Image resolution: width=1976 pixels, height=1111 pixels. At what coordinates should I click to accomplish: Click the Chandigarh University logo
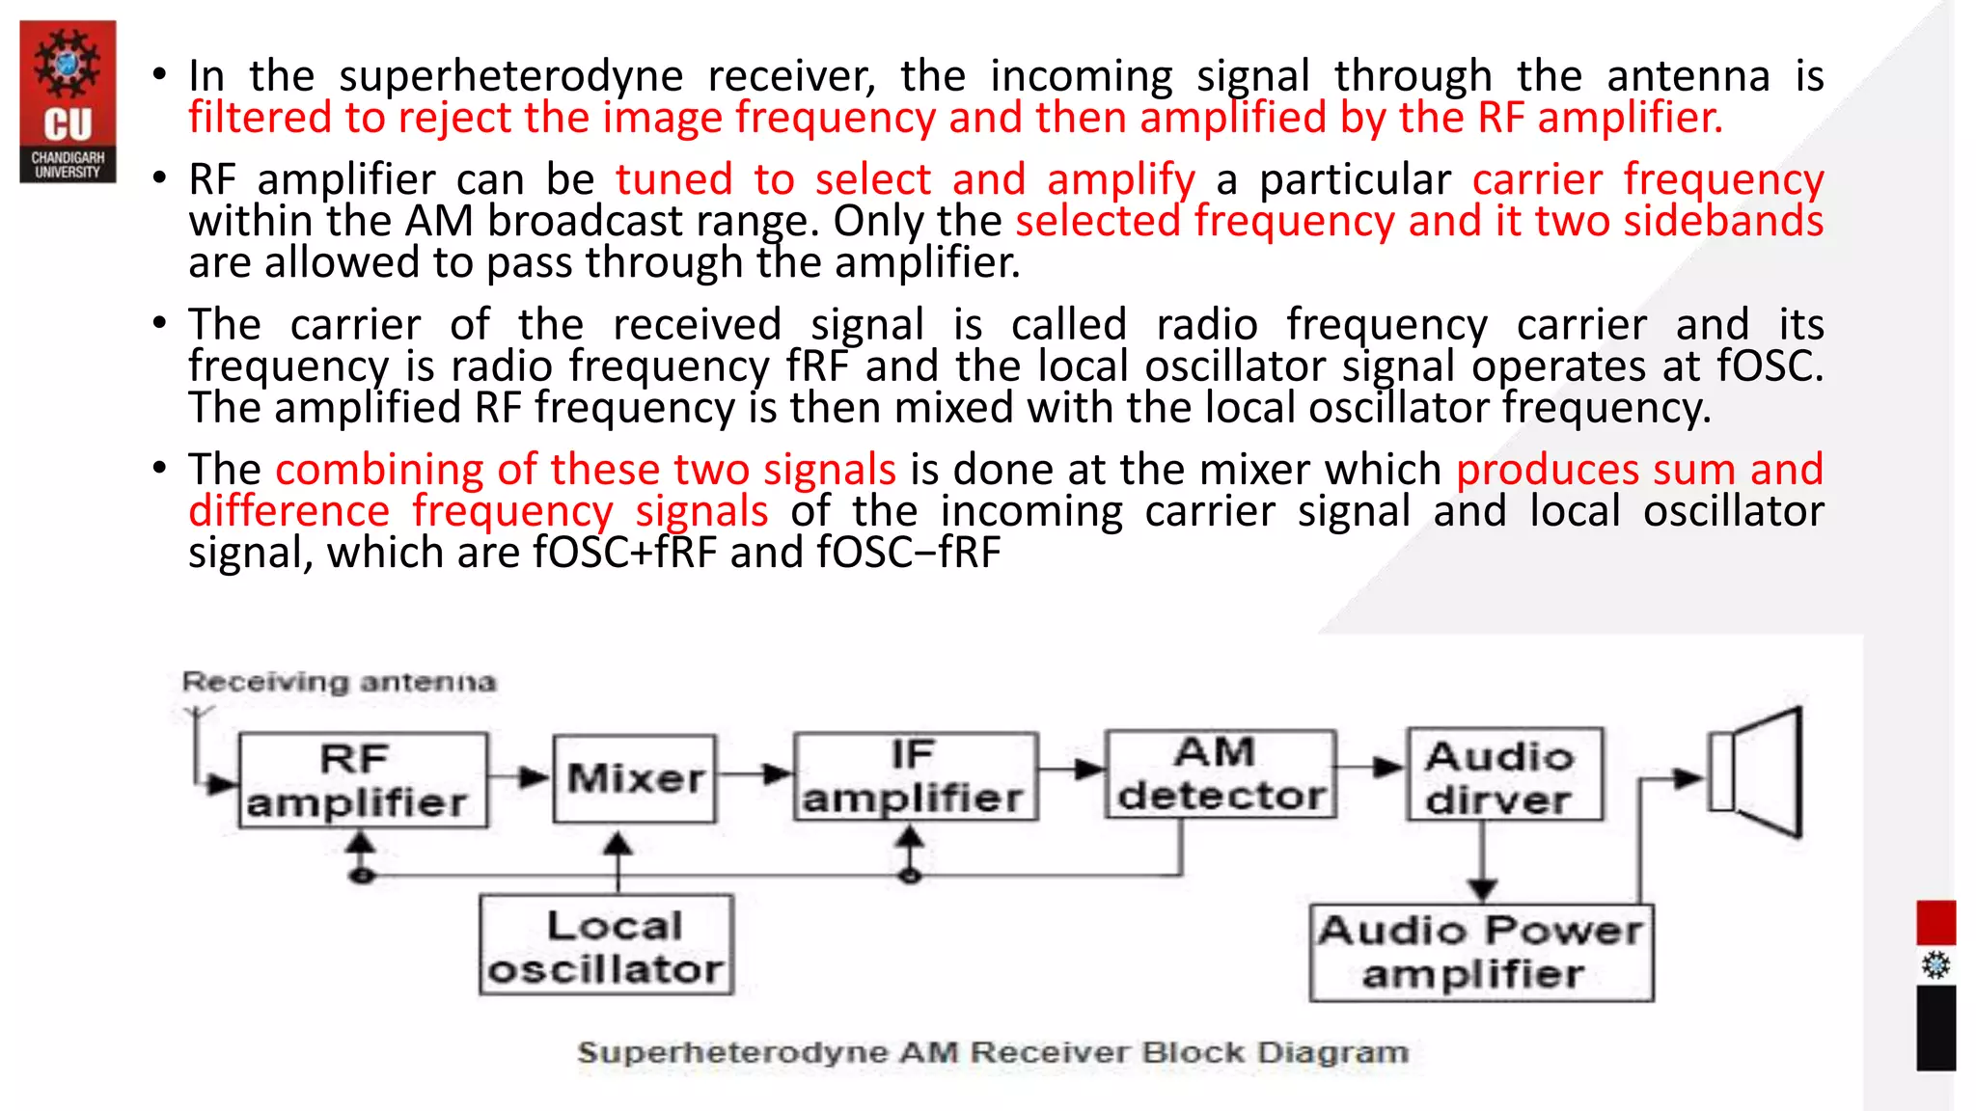(68, 101)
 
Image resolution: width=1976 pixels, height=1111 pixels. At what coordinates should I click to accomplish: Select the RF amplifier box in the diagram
(363, 780)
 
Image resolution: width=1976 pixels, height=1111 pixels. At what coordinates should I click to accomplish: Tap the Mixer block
(635, 779)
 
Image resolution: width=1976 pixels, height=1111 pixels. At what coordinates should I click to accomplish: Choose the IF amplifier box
(916, 776)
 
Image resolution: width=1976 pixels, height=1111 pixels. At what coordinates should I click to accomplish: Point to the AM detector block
(1221, 774)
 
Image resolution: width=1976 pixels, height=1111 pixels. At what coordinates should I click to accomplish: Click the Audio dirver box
(1504, 774)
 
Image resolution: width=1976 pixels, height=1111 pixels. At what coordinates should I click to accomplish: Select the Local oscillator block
(606, 945)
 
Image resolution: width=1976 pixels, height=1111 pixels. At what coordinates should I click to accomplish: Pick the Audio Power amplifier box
(1480, 953)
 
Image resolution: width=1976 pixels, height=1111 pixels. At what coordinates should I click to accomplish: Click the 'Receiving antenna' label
(339, 682)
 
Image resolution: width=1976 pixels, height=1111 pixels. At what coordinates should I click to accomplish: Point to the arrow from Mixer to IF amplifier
(755, 773)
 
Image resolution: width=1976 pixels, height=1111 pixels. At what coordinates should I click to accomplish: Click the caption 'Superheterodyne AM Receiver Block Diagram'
(993, 1052)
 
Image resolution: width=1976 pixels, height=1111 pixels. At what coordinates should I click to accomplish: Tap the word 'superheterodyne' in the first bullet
(510, 76)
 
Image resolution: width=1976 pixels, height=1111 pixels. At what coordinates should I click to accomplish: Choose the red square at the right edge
(1935, 922)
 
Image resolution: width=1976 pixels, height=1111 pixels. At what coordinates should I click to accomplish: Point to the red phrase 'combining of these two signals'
(586, 470)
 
